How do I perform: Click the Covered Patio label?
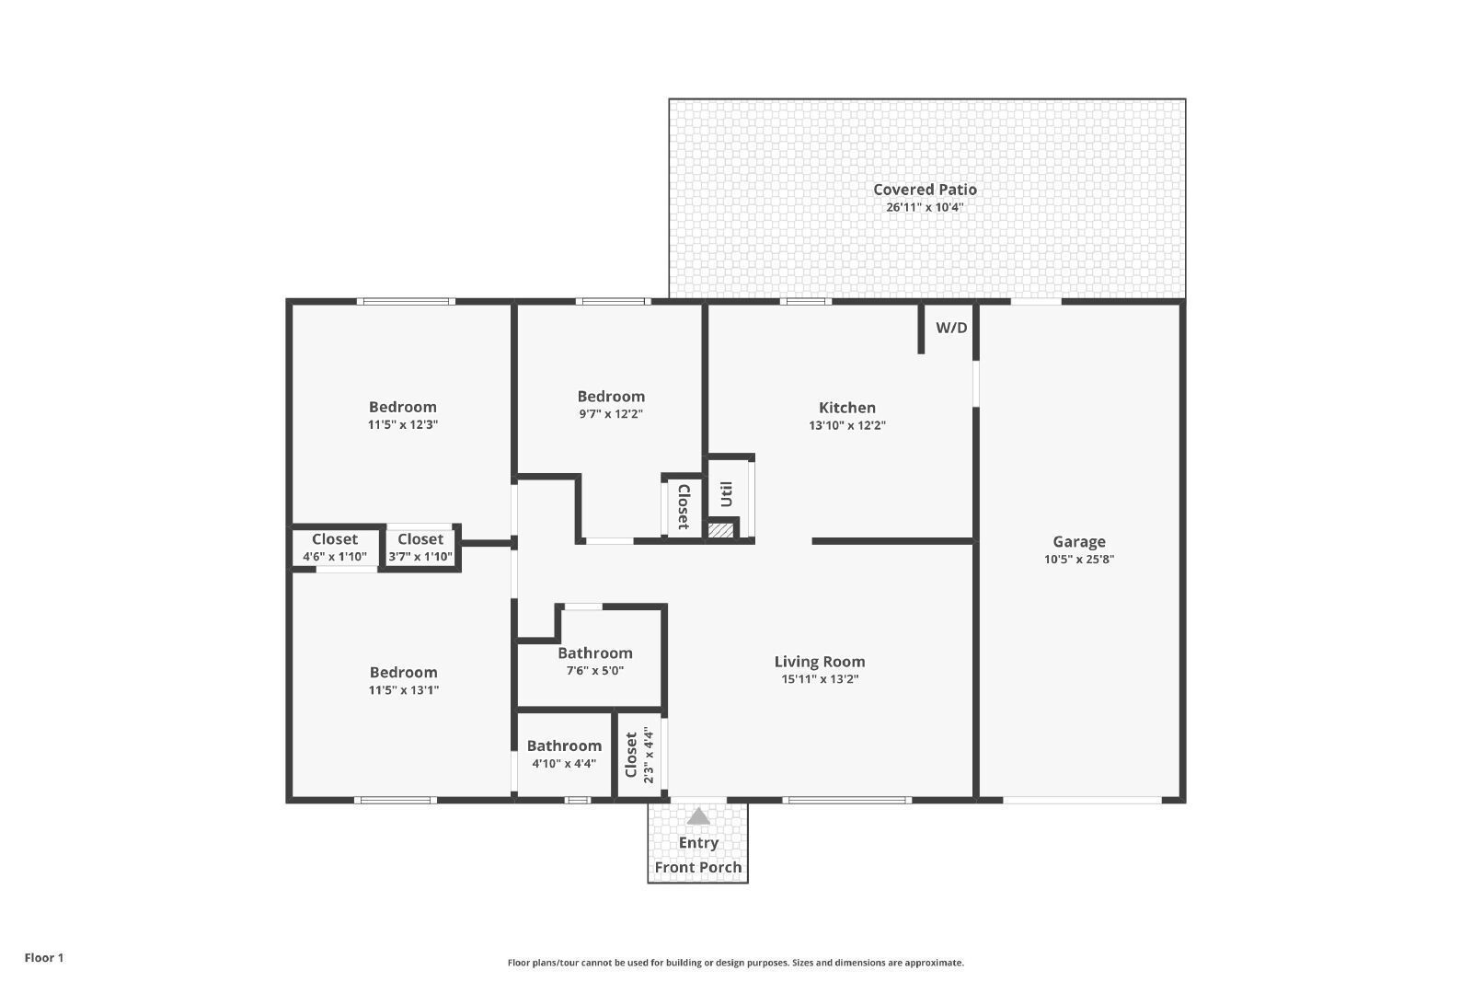click(925, 190)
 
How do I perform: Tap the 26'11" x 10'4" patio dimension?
click(925, 207)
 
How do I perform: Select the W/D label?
click(951, 328)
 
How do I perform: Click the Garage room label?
click(1079, 541)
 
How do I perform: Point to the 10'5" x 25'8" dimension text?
click(1079, 560)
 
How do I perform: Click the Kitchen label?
click(847, 408)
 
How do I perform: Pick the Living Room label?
click(820, 661)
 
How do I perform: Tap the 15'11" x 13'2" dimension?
click(820, 679)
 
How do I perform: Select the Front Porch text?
click(698, 868)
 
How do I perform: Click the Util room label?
click(726, 494)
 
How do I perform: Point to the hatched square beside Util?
click(721, 529)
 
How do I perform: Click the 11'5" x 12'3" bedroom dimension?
click(403, 424)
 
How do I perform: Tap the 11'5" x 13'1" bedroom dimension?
click(404, 690)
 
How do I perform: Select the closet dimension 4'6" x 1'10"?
click(335, 557)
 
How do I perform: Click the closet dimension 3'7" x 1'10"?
click(420, 557)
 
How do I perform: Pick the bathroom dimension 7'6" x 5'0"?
click(595, 670)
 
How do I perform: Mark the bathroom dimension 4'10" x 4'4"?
click(565, 764)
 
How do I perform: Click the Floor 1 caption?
click(44, 958)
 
